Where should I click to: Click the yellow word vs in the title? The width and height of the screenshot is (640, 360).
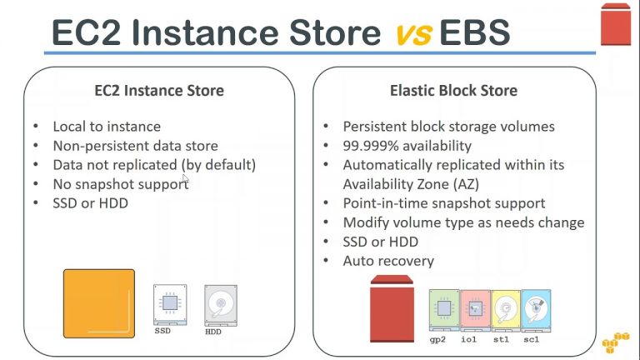pyautogui.click(x=414, y=34)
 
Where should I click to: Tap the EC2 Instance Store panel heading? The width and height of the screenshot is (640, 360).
pyautogui.click(x=159, y=91)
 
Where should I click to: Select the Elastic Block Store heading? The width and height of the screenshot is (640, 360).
pyautogui.click(x=453, y=91)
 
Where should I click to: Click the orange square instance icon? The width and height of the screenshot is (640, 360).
pyautogui.click(x=99, y=303)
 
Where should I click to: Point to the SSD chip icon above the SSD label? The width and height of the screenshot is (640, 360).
pyautogui.click(x=170, y=305)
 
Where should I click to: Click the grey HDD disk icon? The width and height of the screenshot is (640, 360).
pyautogui.click(x=221, y=306)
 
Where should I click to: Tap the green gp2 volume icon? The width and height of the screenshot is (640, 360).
pyautogui.click(x=444, y=310)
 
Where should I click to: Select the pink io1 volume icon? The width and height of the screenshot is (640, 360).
pyautogui.click(x=475, y=310)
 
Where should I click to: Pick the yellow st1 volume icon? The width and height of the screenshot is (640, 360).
pyautogui.click(x=506, y=310)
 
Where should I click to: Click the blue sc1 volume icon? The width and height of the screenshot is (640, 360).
pyautogui.click(x=536, y=310)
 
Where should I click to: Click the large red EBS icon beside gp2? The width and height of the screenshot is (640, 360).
pyautogui.click(x=392, y=308)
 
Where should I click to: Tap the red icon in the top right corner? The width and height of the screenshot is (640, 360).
pyautogui.click(x=616, y=24)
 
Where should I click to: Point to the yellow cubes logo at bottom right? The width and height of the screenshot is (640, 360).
pyautogui.click(x=616, y=342)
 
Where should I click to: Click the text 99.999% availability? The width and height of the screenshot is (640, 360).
pyautogui.click(x=407, y=146)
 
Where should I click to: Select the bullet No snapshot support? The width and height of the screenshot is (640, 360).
pyautogui.click(x=121, y=184)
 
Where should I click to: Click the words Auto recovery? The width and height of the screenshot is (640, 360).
pyautogui.click(x=388, y=261)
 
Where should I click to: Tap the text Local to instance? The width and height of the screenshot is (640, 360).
pyautogui.click(x=107, y=127)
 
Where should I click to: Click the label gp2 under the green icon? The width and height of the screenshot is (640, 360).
pyautogui.click(x=437, y=340)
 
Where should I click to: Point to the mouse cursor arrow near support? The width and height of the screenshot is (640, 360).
pyautogui.click(x=186, y=179)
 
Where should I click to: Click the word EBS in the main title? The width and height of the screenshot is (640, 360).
pyautogui.click(x=475, y=32)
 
